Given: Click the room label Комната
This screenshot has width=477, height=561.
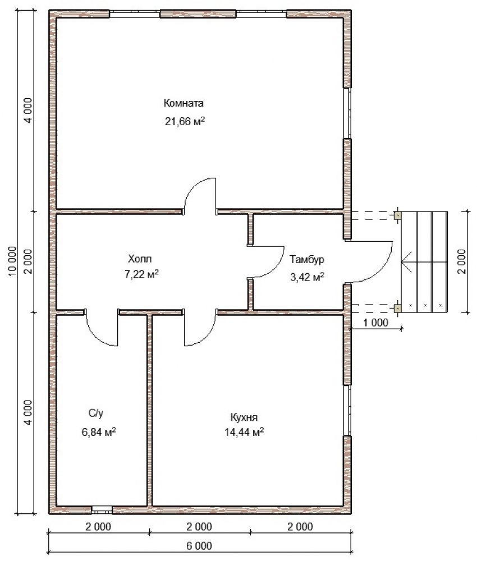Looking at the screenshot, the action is coord(183,103).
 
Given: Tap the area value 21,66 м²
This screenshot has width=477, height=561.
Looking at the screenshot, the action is coord(185,121).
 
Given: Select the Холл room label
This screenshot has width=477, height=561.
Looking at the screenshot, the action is coord(140,258).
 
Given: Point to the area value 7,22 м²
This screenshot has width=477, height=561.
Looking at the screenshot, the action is coord(142,274).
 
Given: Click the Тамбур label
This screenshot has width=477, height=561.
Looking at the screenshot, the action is coord(307,259).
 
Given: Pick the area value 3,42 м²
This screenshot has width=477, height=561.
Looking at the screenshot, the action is coord(308,277).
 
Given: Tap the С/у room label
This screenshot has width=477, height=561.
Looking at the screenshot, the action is coord(96,413).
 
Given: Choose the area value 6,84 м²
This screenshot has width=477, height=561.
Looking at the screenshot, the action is coord(99,432).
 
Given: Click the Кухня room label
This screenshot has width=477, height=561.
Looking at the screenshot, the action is coord(244,417).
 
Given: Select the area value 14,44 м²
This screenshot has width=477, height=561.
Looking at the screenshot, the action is coord(244,432).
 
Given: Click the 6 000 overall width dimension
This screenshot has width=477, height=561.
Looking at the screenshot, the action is coord(199,546).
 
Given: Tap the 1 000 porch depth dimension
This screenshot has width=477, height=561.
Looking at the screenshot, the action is coord(375,323).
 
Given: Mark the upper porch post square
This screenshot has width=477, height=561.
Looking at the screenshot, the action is coord(397,215).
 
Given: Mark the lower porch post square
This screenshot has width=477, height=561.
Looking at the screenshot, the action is coord(397,308).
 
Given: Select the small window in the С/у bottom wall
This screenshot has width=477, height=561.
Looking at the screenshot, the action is coord(102,509).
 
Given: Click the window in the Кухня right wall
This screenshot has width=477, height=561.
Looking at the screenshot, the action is coord(347,411).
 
